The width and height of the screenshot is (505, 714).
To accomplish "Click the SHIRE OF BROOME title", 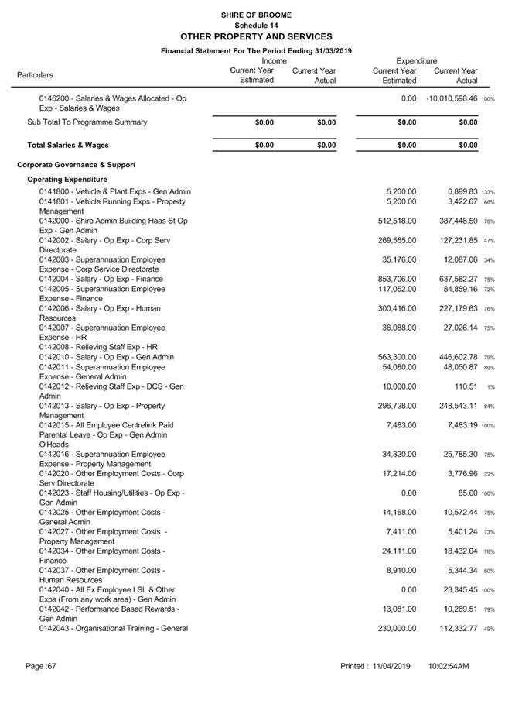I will [255, 15].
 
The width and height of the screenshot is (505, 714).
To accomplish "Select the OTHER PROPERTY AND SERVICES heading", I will [255, 36].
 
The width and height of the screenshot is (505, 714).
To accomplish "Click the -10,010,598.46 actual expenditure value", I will [452, 99].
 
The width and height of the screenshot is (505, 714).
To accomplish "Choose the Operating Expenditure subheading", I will [67, 180].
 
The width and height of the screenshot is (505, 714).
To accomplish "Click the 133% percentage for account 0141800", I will [488, 192].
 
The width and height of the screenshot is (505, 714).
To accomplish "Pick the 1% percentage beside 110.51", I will [490, 386].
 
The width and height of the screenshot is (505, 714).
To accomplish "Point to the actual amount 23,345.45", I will [456, 590].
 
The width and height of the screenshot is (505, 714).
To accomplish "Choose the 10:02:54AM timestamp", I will [449, 666].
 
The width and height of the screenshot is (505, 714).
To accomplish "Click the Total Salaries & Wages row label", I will [68, 145].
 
